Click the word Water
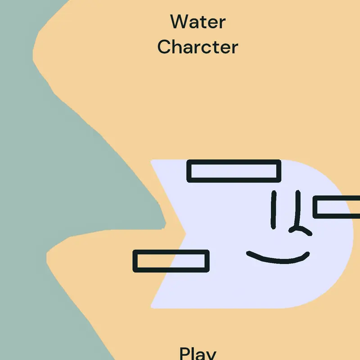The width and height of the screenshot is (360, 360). pos(198,22)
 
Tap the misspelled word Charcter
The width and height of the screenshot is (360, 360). pos(198,47)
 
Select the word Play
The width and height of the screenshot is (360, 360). pos(198,354)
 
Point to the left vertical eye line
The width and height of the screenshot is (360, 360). pos(274,210)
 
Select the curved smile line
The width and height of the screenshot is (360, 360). pos(278,260)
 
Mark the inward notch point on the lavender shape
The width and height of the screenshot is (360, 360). pos(186,234)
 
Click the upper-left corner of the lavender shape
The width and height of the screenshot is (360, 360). pos(151,160)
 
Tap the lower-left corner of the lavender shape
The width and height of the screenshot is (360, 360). pos(151,308)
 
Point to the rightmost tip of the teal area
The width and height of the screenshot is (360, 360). pos(166,224)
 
